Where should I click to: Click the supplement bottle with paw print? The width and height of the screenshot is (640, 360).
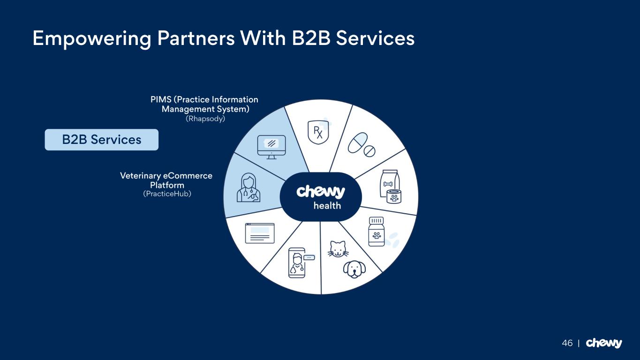(376, 231)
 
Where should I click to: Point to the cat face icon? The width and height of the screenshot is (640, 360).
(338, 248)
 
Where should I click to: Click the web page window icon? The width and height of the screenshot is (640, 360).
(260, 233)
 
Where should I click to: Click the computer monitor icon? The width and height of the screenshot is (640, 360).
(271, 147)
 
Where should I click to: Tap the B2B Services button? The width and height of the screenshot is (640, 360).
(101, 140)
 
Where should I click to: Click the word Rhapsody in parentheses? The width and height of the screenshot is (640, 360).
(205, 119)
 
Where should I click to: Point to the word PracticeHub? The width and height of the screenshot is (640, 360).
(167, 194)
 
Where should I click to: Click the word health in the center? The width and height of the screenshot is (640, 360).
(327, 205)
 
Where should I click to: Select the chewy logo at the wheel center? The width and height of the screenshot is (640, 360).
(321, 191)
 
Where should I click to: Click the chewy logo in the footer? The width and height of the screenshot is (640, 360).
(604, 343)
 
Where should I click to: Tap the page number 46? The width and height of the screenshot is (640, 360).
(567, 343)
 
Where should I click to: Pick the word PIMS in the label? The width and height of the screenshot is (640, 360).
(161, 100)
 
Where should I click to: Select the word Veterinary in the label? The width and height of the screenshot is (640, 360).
(140, 176)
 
